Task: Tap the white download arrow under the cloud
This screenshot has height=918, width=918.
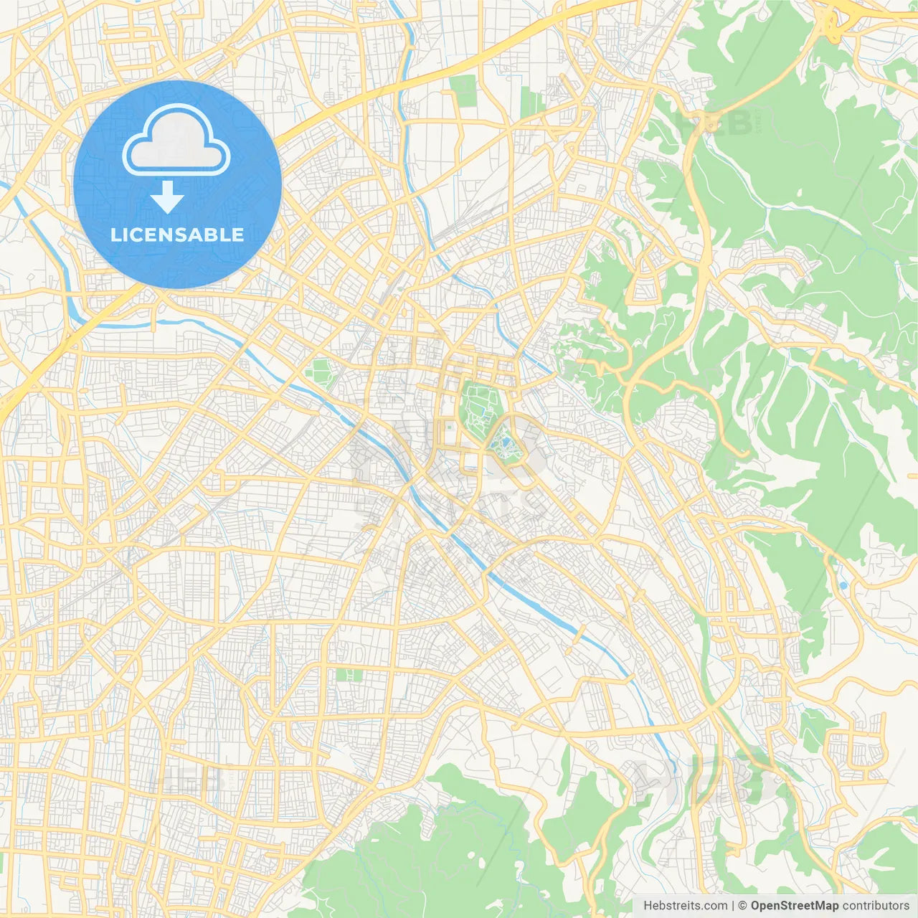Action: tap(167, 197)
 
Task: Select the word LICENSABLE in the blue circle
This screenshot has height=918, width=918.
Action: tap(177, 235)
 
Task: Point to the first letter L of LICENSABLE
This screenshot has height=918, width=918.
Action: tap(115, 235)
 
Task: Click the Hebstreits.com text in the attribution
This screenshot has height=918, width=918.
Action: tap(685, 906)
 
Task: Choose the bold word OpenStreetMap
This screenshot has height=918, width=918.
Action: tap(794, 906)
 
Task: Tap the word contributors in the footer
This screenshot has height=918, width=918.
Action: tap(876, 906)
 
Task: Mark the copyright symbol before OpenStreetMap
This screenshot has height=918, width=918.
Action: tap(743, 906)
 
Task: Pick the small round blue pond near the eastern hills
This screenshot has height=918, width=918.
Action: tap(843, 586)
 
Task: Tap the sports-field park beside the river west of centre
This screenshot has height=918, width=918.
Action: tap(320, 372)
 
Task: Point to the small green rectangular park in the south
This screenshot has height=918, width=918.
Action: tap(349, 675)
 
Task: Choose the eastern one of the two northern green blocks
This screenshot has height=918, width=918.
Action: tap(532, 103)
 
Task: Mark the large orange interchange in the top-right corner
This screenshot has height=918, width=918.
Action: tap(832, 22)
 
